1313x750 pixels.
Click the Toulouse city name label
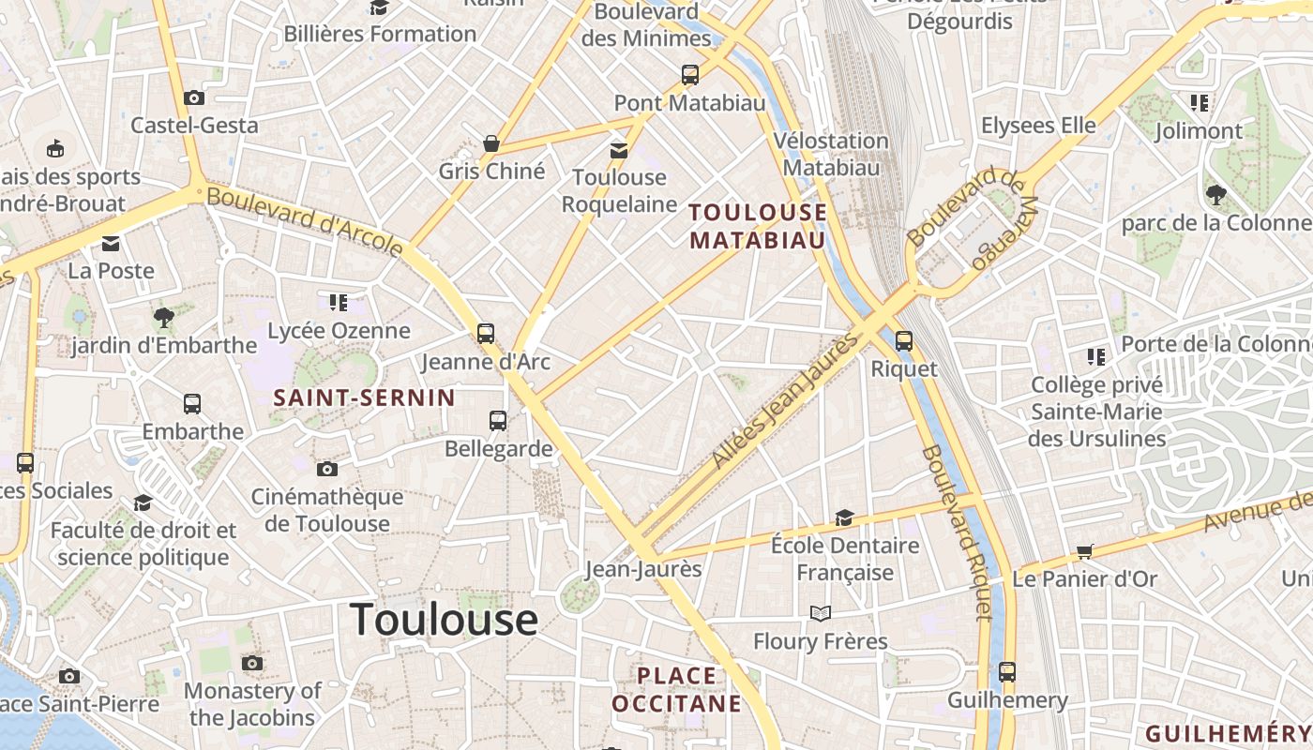pos(444,620)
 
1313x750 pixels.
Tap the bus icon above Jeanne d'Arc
pos(485,334)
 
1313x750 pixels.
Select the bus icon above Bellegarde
pos(497,421)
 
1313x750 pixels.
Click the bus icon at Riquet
pos(903,341)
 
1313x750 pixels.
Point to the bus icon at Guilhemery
pos(1006,672)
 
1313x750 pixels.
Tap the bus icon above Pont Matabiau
pos(689,75)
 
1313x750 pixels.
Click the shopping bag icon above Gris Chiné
pos(490,144)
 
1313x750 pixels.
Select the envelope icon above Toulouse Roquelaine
pos(618,150)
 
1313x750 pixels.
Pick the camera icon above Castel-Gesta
pos(194,97)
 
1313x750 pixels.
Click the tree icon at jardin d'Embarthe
pos(164,318)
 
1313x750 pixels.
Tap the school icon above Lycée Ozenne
pos(339,303)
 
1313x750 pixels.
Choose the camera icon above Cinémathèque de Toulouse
pos(326,469)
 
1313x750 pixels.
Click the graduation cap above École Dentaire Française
pos(844,517)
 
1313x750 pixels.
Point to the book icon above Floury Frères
pos(821,613)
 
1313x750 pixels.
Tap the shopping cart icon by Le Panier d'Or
pos(1084,551)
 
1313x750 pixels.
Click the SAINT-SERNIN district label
pos(364,397)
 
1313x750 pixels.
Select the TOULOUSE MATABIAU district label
pos(758,226)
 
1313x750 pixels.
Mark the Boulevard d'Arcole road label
pos(305,221)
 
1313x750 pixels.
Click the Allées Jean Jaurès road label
pos(785,401)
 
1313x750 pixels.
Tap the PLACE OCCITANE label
pos(676,689)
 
